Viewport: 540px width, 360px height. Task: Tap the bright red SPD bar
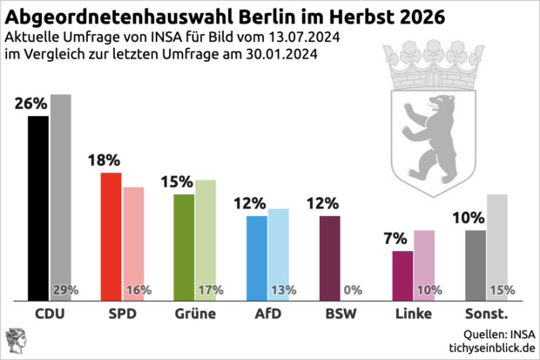click(x=111, y=235)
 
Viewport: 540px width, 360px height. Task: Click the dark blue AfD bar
click(x=257, y=256)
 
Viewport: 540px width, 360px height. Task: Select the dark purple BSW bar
click(x=330, y=256)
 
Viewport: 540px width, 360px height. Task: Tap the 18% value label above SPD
click(x=105, y=160)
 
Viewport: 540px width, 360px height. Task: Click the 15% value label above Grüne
click(x=177, y=182)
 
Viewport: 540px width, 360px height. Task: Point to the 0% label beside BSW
click(x=353, y=290)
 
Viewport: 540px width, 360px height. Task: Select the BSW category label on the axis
click(x=330, y=314)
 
